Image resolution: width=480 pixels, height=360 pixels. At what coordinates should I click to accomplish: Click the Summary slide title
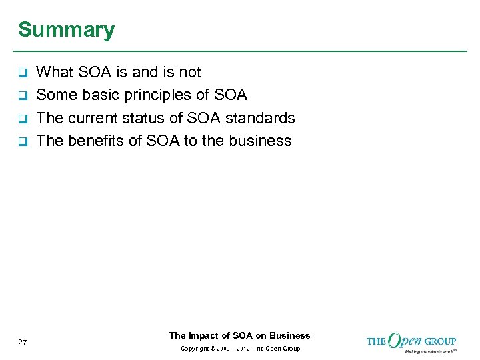pos(66,30)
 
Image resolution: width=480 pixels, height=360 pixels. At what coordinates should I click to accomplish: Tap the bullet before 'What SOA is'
pos(22,73)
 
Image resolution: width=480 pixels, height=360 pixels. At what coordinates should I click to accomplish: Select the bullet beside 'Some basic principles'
pos(22,95)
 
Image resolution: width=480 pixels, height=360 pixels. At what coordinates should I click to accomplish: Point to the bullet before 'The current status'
pos(22,119)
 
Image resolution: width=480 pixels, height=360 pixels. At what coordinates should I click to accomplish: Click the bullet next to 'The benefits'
pos(22,141)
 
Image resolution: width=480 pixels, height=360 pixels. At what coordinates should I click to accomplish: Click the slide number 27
pos(23,343)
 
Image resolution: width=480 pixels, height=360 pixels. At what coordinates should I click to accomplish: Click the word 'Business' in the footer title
pos(290,335)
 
